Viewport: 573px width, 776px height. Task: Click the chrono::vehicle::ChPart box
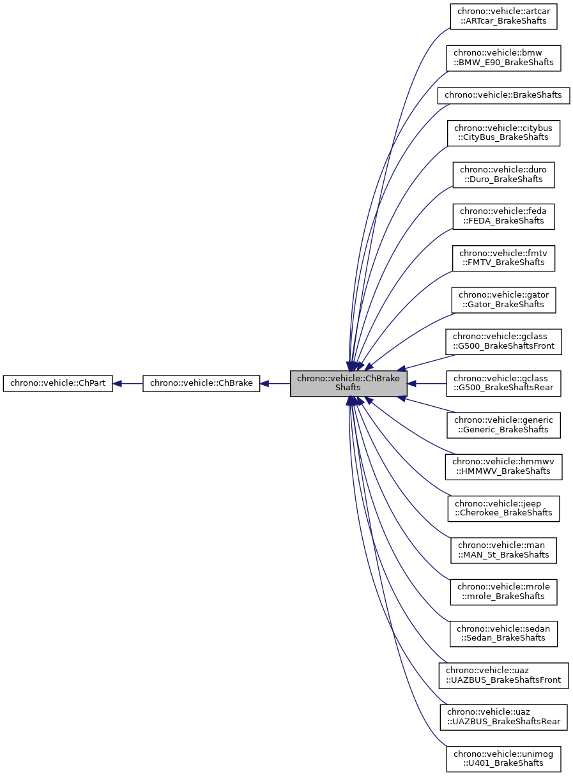click(x=58, y=384)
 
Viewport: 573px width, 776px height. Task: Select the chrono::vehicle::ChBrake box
click(x=201, y=384)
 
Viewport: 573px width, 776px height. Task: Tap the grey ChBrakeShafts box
click(x=348, y=384)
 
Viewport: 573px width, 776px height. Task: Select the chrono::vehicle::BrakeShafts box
click(x=503, y=95)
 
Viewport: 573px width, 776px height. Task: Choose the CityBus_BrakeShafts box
click(x=503, y=132)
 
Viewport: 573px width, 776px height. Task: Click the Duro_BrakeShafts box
click(x=503, y=174)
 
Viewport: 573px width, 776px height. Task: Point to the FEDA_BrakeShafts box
click(x=503, y=216)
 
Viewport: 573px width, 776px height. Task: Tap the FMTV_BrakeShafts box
click(x=503, y=257)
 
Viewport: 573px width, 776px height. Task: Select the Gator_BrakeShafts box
click(x=503, y=300)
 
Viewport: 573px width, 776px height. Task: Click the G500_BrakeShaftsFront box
click(x=503, y=342)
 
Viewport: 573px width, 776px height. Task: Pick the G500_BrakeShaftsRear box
click(x=503, y=383)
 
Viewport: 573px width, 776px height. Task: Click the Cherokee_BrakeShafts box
click(x=503, y=508)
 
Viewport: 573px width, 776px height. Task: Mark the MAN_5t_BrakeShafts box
click(x=503, y=550)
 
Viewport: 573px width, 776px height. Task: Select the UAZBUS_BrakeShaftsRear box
click(x=503, y=717)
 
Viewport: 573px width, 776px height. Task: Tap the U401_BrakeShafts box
click(x=503, y=759)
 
